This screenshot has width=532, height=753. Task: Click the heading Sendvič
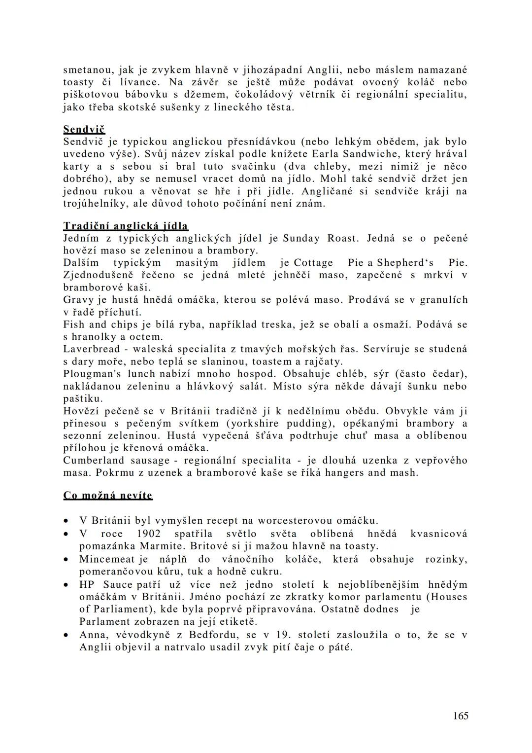pos(84,130)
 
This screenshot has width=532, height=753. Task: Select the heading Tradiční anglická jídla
pos(126,226)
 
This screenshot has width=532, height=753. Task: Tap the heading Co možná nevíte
pos(108,495)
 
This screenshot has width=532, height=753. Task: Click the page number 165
pos(461,716)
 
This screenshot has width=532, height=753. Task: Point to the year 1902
pos(149,534)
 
